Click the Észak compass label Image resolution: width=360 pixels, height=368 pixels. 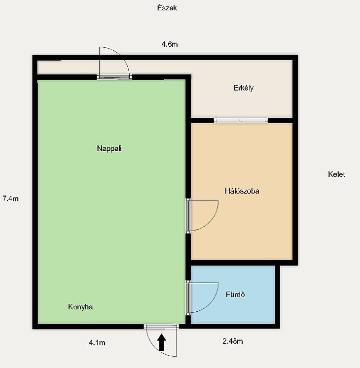tap(167, 8)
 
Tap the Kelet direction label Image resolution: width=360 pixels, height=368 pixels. tap(336, 174)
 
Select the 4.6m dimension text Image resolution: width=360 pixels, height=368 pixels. tap(170, 44)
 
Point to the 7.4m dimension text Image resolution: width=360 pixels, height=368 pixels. tap(10, 199)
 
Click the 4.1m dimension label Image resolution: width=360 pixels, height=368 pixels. tap(97, 343)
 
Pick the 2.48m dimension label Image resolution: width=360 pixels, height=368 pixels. tap(233, 341)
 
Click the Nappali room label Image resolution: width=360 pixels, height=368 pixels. tap(109, 148)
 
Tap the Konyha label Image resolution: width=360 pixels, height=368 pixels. tap(80, 307)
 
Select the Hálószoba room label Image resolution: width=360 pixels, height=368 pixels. tap(242, 191)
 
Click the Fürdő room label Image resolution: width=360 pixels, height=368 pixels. tap(235, 294)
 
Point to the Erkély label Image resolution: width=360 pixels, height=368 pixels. tap(244, 88)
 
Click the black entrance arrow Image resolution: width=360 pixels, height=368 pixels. tap(162, 342)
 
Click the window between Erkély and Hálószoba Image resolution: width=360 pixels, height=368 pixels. tap(241, 120)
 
